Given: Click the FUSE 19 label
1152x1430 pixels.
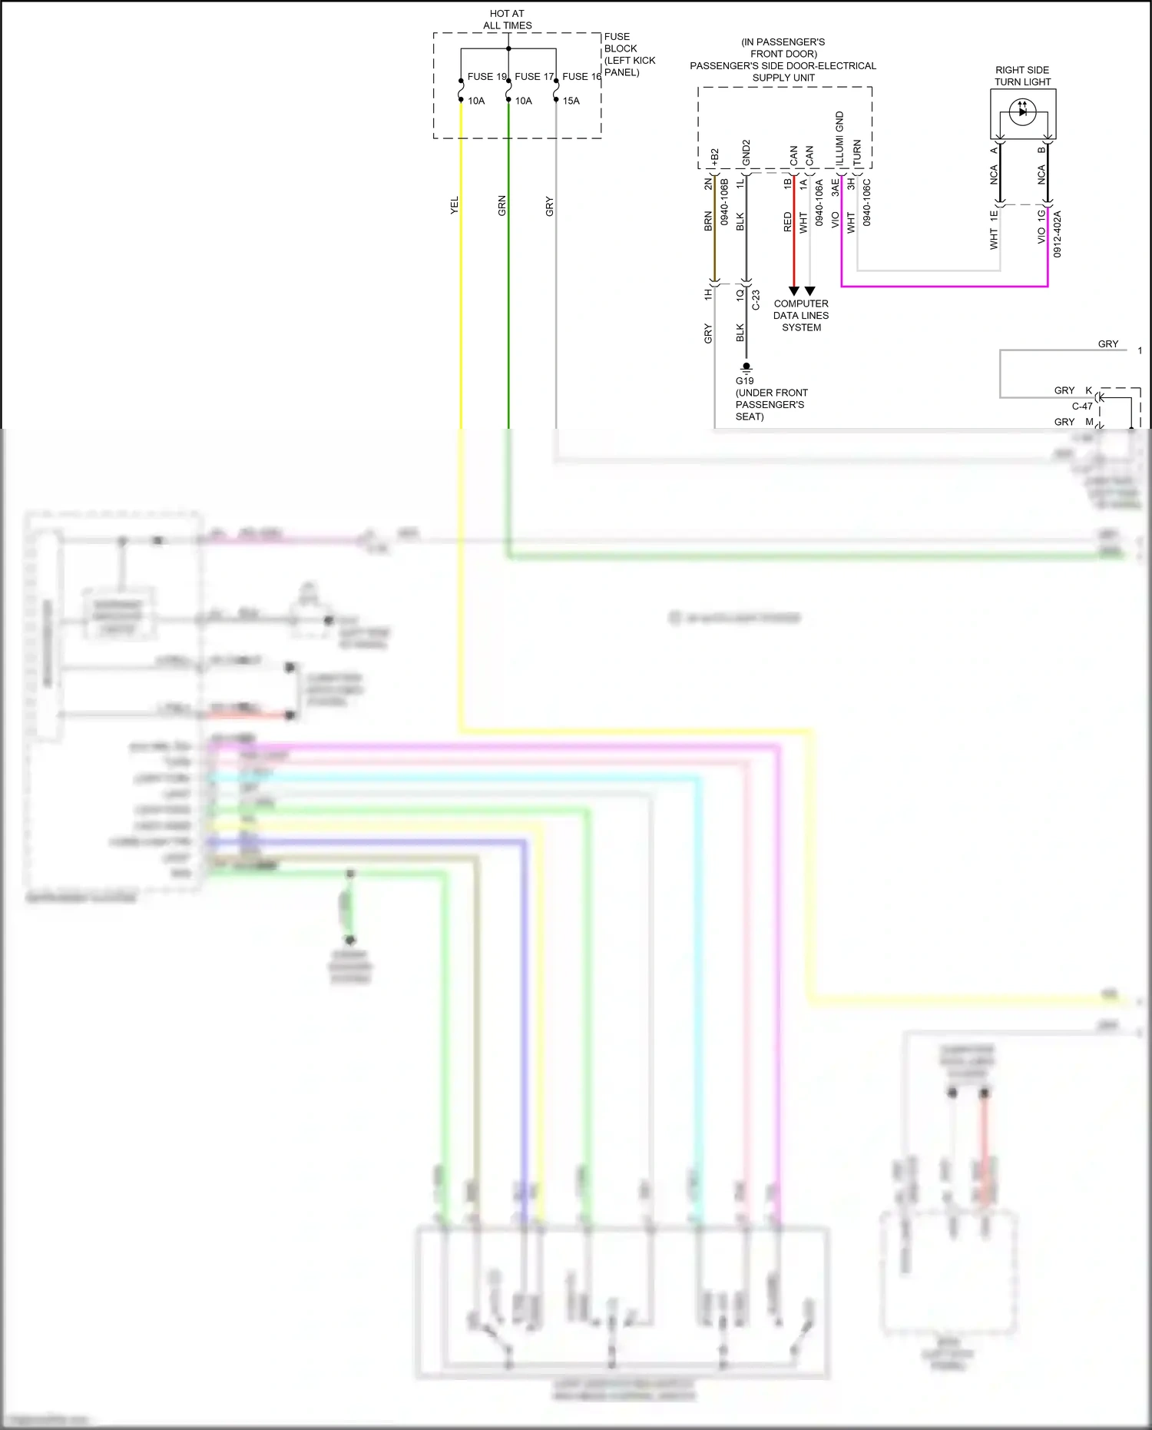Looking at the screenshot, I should pos(487,77).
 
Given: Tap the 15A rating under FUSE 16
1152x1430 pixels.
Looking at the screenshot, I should pos(571,101).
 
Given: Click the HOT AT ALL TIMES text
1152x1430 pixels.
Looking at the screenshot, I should pos(507,20).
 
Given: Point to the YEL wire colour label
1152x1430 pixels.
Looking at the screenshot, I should pos(455,205).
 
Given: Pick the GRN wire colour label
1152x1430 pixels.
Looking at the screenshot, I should pos(502,205).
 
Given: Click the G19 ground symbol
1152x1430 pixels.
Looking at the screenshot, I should pos(746,368).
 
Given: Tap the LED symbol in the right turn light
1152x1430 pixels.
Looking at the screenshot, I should pos(1022,112).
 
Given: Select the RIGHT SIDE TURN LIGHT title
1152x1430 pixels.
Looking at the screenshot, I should pos(1022,76).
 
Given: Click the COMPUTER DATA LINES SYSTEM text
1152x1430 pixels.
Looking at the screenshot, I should pos(801,316).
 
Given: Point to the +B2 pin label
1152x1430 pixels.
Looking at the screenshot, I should pos(714,158).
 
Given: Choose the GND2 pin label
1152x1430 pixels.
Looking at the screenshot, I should pos(746,154).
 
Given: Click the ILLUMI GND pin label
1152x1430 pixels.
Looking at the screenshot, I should pos(840,138).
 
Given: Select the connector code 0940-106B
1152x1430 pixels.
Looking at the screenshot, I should pos(724,201).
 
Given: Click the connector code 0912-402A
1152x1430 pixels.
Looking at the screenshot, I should pos(1058,234).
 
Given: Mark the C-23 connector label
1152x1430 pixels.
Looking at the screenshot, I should pos(756,300).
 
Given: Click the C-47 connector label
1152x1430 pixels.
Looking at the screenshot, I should pos(1082,406).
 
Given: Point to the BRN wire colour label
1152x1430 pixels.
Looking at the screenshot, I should pos(708,221).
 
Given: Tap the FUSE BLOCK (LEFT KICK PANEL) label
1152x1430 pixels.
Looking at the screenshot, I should pos(629,55).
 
